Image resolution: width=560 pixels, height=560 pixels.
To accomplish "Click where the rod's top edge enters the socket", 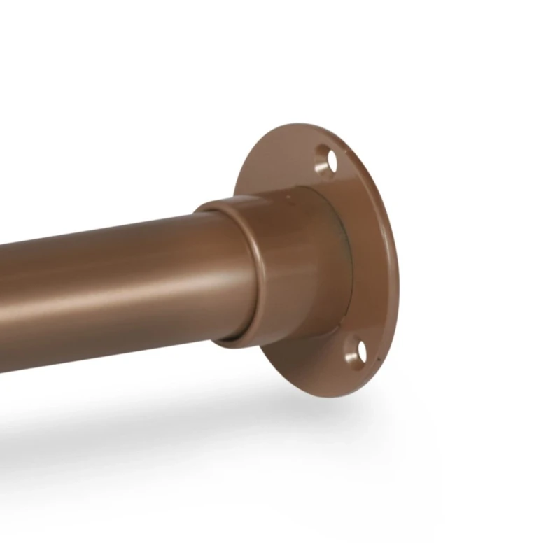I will point(203,210).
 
